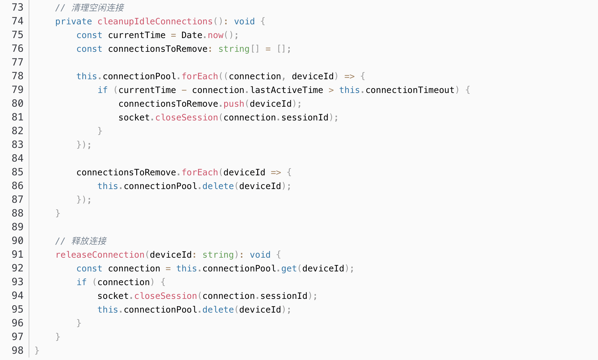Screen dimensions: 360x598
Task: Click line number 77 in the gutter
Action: [17, 62]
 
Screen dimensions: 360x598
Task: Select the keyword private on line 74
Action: [74, 21]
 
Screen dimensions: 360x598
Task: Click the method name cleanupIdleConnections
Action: [155, 21]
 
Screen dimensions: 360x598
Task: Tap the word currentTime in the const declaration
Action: [137, 35]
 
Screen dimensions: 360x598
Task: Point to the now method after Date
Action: [215, 35]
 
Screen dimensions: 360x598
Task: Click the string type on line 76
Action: [234, 49]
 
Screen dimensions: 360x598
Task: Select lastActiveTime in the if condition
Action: [287, 90]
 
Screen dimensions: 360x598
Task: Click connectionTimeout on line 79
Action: [410, 90]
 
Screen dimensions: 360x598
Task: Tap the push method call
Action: [234, 104]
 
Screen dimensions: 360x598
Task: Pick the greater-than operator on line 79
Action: [331, 90]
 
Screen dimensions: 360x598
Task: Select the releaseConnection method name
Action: [100, 255]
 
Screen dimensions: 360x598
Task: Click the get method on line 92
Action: [289, 268]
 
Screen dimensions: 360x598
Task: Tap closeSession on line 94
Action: [166, 296]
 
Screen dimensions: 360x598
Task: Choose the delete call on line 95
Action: [218, 309]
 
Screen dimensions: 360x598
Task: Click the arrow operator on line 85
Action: [276, 172]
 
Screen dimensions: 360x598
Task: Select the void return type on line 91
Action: [260, 255]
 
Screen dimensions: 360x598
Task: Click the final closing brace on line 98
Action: [37, 350]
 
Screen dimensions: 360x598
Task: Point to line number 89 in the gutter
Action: [17, 227]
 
